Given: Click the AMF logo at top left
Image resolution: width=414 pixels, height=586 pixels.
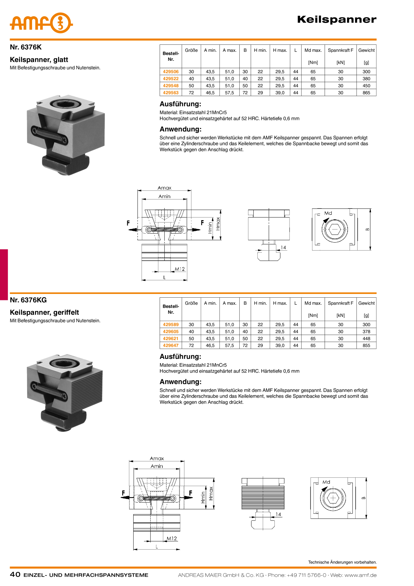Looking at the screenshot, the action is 41,23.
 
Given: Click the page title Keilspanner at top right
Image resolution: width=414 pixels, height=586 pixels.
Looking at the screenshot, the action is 337,19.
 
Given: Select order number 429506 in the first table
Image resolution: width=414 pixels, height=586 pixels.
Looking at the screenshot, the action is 171,71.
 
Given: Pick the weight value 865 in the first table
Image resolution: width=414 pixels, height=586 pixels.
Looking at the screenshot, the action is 366,93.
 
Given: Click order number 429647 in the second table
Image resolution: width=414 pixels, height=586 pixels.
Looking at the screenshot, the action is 171,345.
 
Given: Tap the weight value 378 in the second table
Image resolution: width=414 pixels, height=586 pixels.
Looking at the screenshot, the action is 366,331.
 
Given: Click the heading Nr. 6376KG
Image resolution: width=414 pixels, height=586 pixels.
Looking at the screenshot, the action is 28,300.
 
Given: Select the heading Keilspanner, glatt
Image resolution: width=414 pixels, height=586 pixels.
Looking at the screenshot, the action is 39,60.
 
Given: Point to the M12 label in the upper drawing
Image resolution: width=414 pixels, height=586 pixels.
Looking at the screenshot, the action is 180,269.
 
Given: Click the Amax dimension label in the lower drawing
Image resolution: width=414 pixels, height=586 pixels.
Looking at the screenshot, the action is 157,458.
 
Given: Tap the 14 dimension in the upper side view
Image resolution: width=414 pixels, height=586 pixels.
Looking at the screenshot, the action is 283,248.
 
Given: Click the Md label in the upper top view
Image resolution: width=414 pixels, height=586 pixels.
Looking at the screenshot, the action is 328,213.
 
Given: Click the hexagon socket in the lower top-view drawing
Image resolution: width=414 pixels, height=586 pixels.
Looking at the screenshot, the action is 333,498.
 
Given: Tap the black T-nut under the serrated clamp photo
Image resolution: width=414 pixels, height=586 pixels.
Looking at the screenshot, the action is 63,420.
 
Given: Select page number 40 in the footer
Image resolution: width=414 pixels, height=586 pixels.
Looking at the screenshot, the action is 15,574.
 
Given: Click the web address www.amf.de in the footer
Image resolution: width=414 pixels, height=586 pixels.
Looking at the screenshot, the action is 361,575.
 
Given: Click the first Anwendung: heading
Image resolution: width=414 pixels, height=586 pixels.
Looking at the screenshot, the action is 181,129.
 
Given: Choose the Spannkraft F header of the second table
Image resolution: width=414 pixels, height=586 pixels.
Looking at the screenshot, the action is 341,303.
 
